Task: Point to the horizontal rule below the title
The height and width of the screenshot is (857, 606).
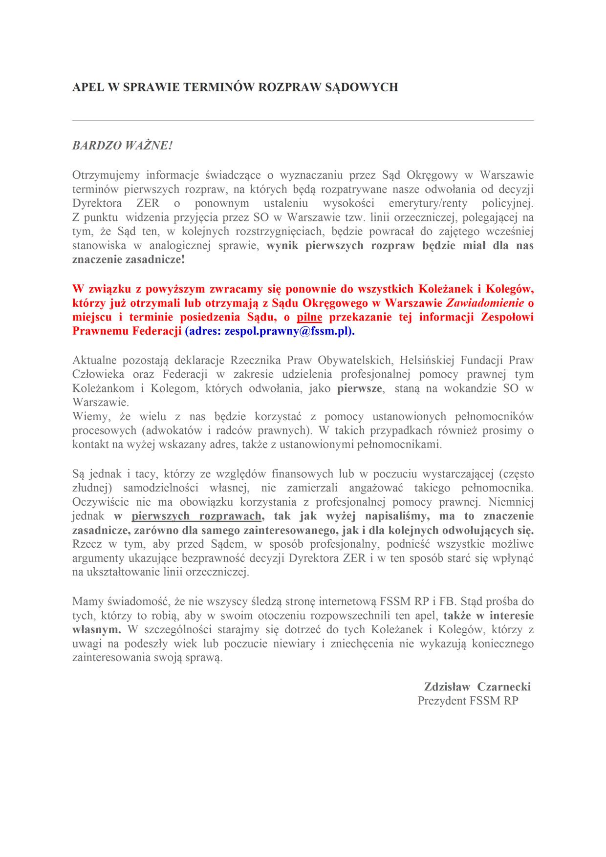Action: (x=303, y=120)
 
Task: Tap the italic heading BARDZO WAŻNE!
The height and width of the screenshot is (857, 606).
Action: (x=123, y=146)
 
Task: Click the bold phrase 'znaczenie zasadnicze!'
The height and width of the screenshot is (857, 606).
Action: (x=129, y=260)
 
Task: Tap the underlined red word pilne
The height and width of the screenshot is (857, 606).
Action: (x=310, y=317)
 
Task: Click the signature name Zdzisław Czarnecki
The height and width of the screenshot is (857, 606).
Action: (x=477, y=686)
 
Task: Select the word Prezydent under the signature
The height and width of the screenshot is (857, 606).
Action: (x=442, y=701)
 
